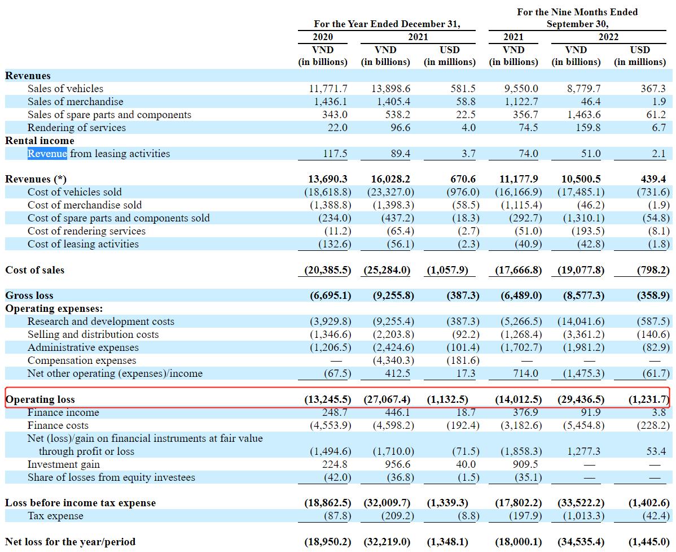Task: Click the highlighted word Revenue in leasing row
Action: (47, 154)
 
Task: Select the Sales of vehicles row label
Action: (65, 89)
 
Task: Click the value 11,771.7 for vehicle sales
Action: (328, 89)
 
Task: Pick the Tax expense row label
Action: (55, 516)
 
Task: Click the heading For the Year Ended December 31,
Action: (387, 24)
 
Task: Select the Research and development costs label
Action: (101, 321)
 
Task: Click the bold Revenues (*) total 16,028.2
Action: (391, 179)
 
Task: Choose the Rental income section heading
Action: (39, 141)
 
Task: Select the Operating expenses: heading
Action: (54, 308)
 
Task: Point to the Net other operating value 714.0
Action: (525, 373)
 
